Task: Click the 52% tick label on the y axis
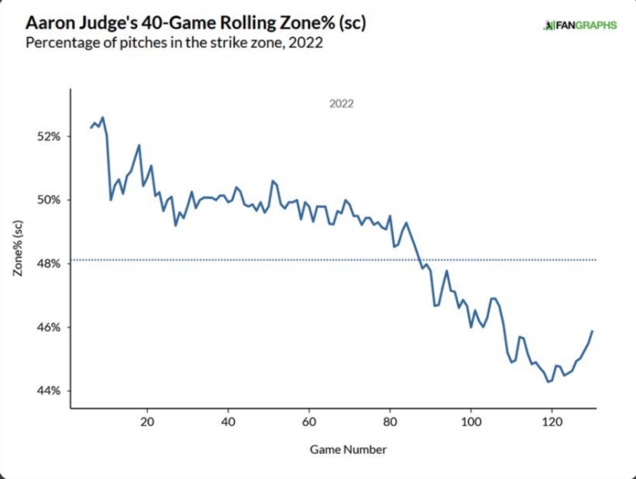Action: (50, 136)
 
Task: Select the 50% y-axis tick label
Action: (50, 200)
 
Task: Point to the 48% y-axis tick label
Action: (50, 264)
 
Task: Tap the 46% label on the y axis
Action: (50, 328)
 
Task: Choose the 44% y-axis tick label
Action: (50, 391)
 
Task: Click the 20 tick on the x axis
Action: (148, 421)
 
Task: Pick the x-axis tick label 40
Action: (229, 421)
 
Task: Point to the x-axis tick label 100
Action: (471, 421)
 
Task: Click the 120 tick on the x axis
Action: (552, 421)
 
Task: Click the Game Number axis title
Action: (348, 449)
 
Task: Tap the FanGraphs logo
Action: (580, 25)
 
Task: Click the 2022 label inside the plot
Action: (341, 104)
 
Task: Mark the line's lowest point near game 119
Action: (549, 381)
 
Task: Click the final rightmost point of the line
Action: (592, 330)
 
